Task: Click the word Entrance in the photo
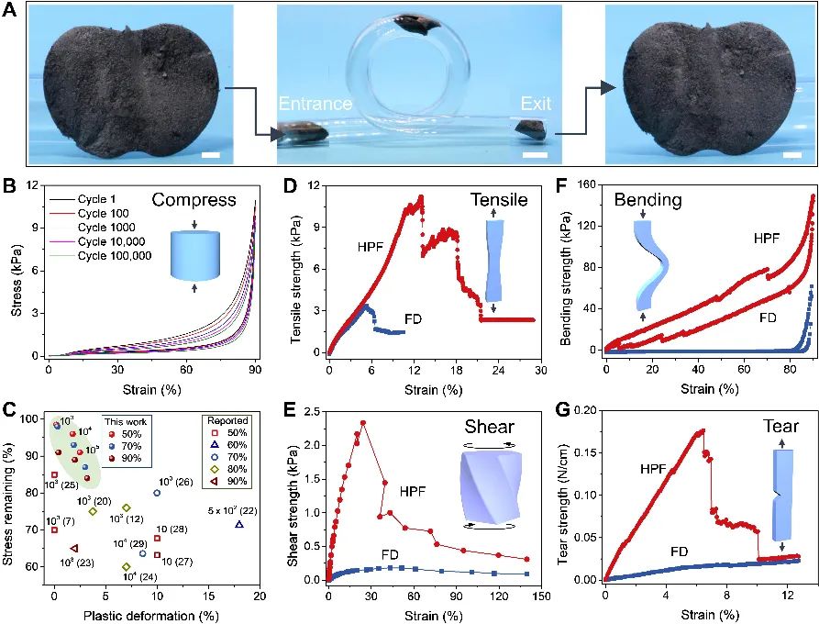315,104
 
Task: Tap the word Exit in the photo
536,104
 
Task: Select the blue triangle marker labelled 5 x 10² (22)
239,524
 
